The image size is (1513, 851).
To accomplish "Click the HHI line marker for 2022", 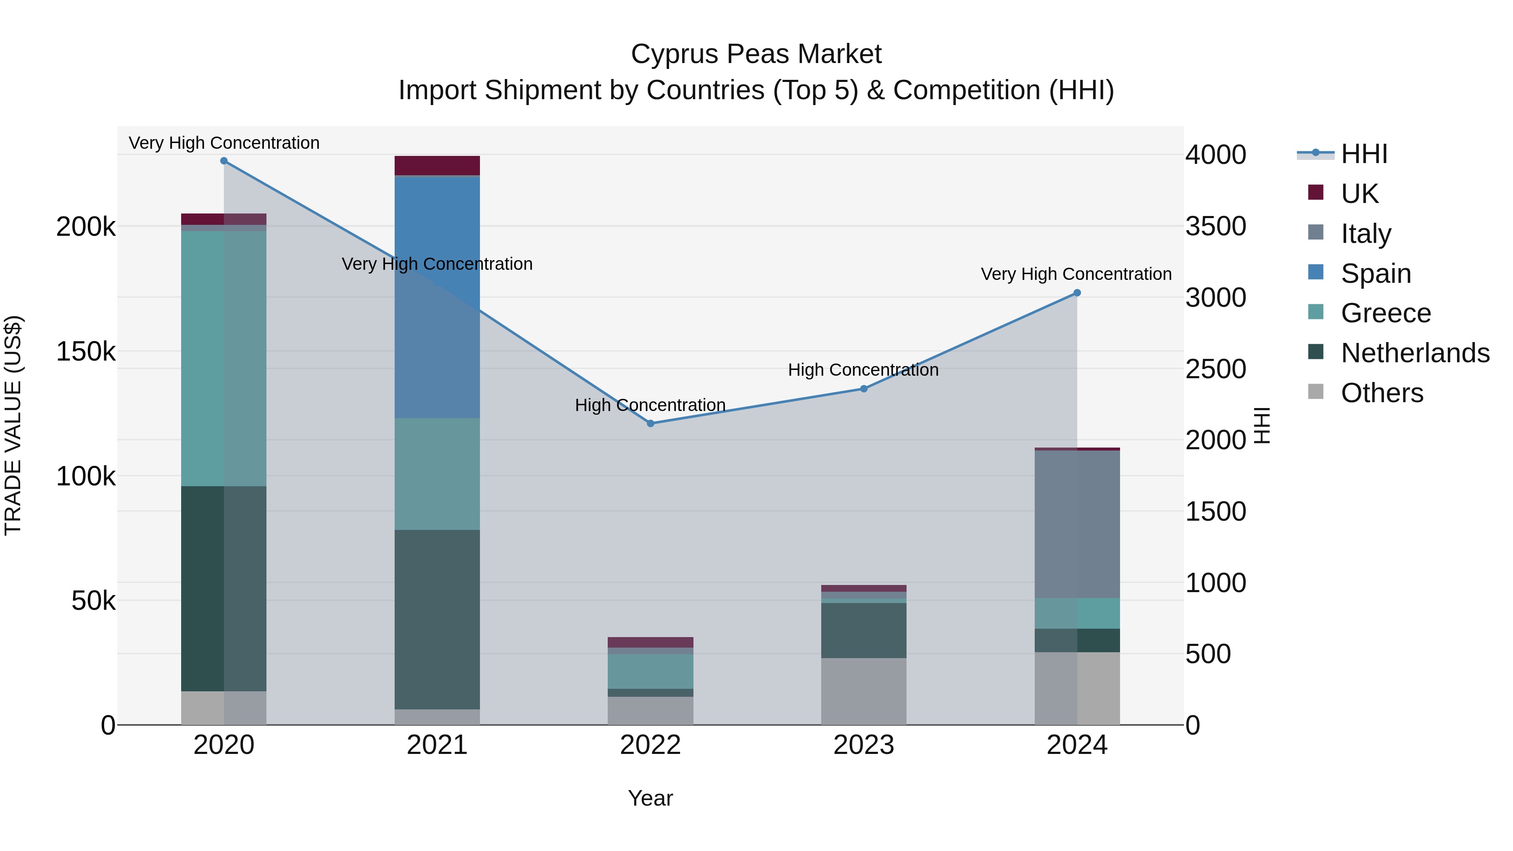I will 650,424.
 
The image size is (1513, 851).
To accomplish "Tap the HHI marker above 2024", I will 1077,292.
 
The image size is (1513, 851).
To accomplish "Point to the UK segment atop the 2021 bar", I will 437,165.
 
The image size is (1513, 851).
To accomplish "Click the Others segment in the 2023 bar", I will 863,691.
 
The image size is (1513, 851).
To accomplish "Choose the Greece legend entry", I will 1386,313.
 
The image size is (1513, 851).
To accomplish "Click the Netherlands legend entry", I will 1415,353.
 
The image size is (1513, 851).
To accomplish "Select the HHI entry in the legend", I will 1364,154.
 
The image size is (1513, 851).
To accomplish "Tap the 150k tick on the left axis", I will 86,352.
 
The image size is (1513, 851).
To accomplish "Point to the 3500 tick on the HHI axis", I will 1215,226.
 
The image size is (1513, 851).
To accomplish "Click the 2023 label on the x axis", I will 863,745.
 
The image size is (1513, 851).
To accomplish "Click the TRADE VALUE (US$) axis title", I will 13,425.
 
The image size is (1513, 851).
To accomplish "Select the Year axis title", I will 650,798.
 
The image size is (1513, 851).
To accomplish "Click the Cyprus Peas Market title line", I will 756,54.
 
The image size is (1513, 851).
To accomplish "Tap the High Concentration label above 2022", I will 650,405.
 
